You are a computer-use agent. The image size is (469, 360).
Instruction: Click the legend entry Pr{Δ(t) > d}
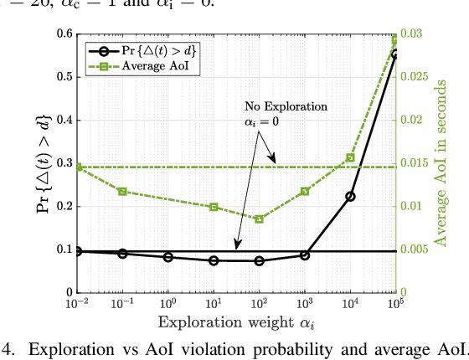click(159, 49)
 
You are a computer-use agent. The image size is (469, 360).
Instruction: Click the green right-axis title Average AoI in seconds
click(441, 163)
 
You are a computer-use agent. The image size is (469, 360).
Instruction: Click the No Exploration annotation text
click(286, 107)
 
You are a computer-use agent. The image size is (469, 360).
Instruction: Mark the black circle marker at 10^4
click(350, 197)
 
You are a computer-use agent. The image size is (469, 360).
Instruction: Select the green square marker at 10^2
click(259, 219)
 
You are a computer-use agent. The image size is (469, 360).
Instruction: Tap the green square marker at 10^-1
click(122, 192)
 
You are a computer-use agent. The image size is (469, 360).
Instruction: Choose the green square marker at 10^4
click(350, 157)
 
